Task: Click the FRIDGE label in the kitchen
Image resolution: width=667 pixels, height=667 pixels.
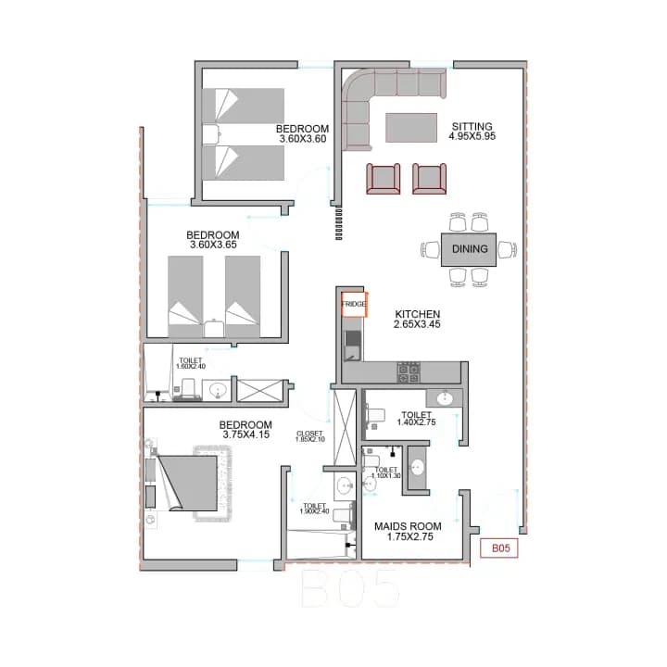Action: pos(354,304)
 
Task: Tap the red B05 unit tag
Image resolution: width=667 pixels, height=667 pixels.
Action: pos(501,548)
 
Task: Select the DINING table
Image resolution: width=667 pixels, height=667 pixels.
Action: pos(470,249)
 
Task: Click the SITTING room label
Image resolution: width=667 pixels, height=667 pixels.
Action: pos(472,127)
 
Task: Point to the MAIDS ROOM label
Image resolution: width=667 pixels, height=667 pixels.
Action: pos(408,526)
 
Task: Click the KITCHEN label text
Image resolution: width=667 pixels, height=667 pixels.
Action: pos(417,314)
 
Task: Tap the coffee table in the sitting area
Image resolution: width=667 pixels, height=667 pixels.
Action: pos(411,126)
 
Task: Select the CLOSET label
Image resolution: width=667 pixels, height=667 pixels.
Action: pos(309,433)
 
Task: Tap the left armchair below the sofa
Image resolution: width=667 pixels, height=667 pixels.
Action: pos(384,178)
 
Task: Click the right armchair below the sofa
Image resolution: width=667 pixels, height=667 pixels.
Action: pos(429,178)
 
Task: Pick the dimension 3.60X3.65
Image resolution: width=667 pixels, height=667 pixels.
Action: pos(213,245)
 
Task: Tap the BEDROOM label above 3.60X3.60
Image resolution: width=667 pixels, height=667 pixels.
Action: pos(302,129)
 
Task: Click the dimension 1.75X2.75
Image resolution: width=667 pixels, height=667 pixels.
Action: pos(408,537)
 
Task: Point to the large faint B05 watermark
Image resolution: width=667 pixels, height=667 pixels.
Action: pos(352,588)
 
